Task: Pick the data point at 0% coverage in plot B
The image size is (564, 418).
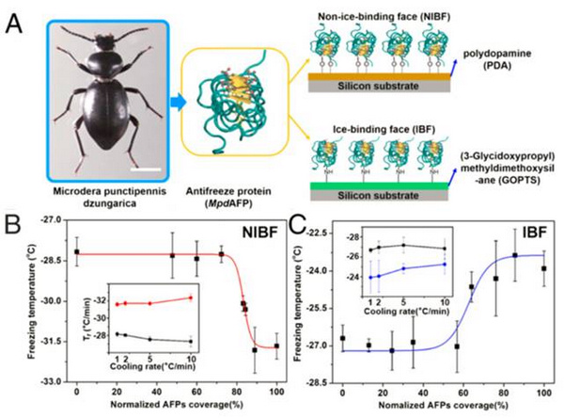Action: tap(76, 252)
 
